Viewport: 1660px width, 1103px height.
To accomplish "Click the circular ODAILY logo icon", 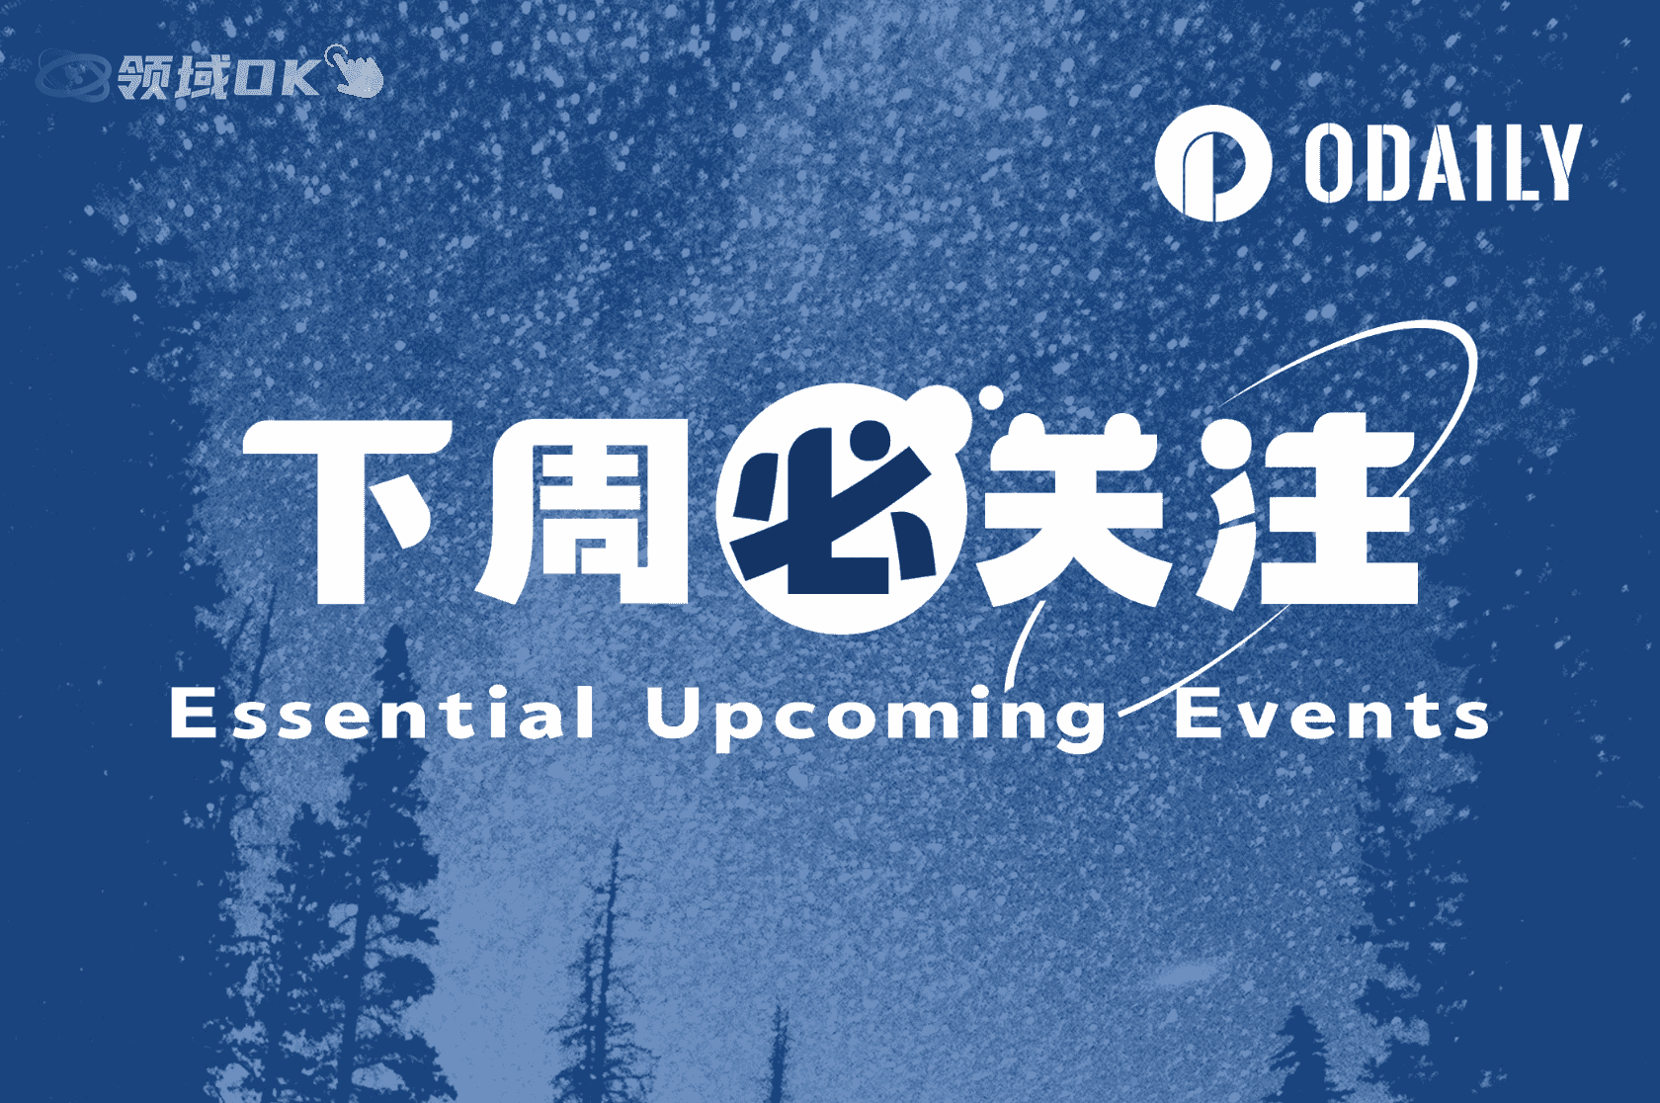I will coord(1211,163).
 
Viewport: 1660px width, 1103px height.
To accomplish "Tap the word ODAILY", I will coord(1443,163).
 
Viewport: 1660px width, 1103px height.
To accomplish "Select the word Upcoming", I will coord(875,717).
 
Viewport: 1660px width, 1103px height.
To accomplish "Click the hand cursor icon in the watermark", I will coord(356,71).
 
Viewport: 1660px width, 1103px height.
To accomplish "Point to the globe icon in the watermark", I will coord(72,75).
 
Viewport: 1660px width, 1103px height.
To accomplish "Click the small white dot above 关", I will coord(990,397).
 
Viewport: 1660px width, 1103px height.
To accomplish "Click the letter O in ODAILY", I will coord(1327,163).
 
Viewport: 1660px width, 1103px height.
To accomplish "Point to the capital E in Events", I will coord(1197,713).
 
